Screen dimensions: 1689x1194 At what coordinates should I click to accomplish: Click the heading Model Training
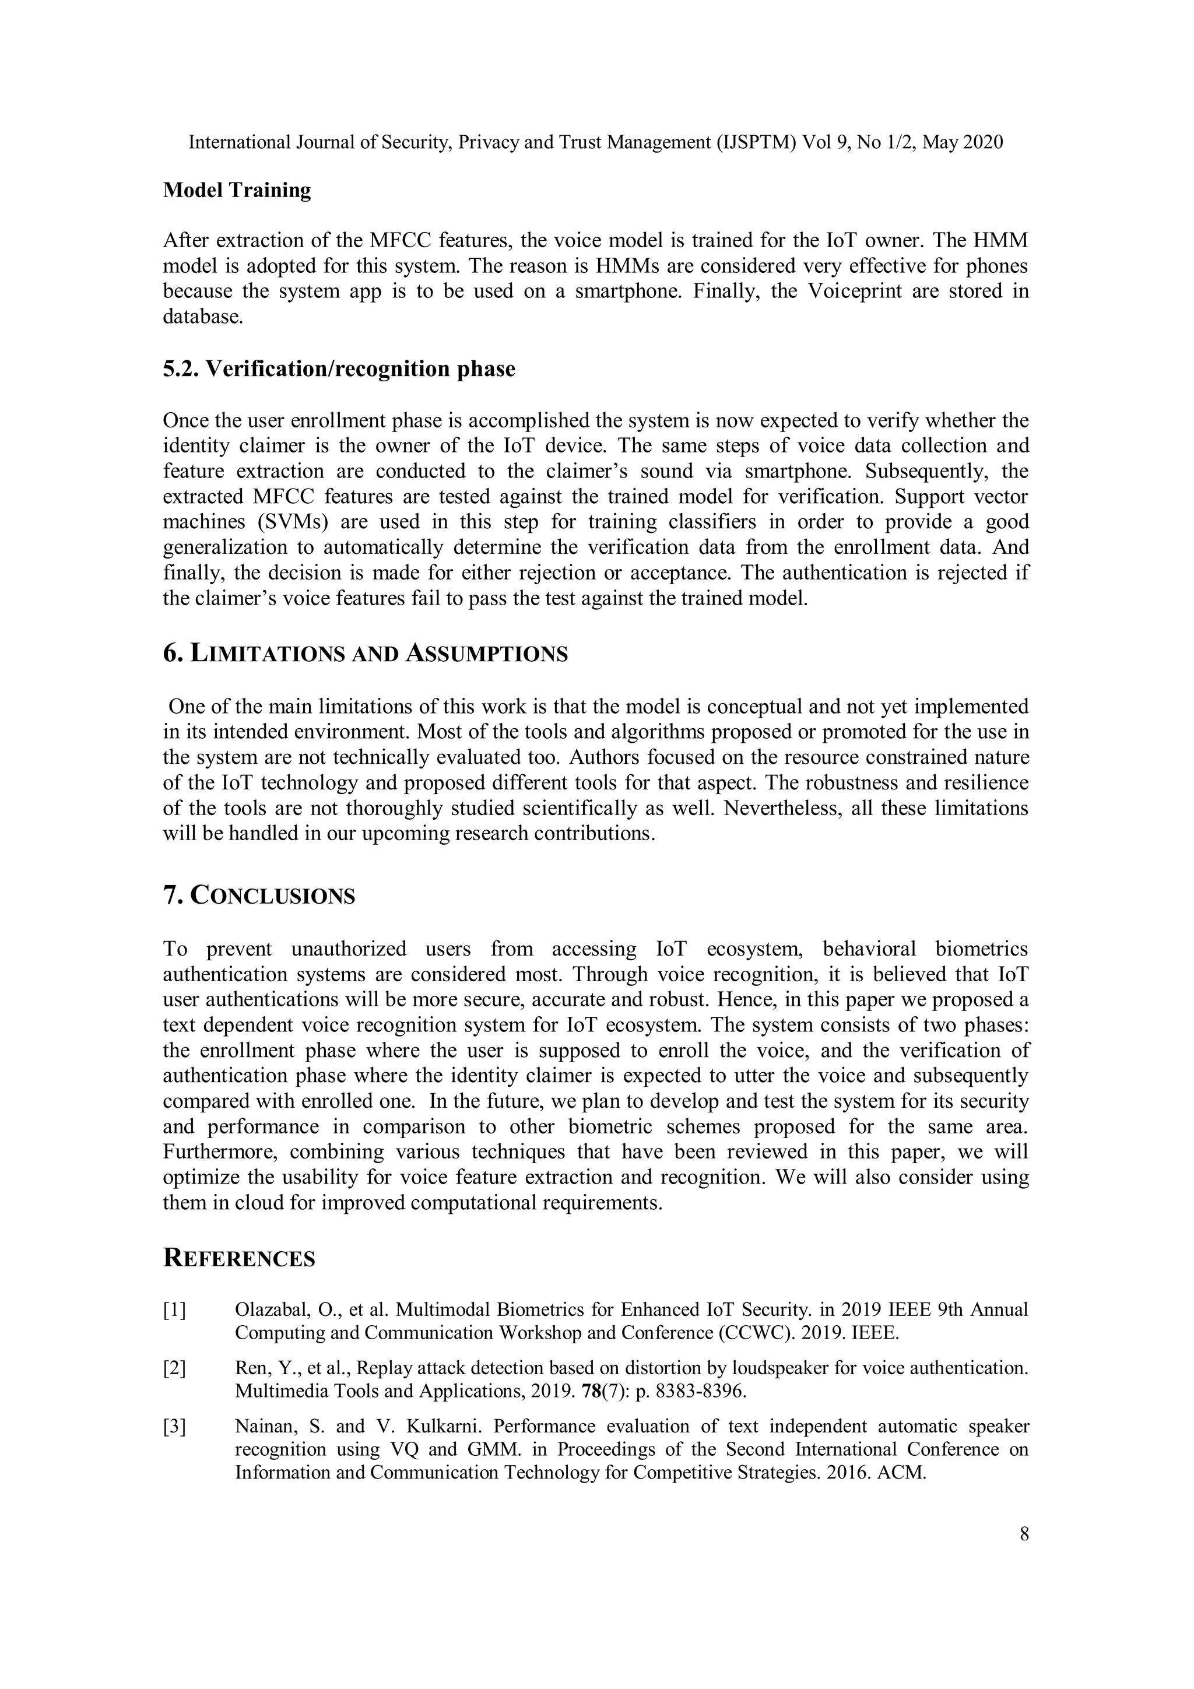click(x=237, y=191)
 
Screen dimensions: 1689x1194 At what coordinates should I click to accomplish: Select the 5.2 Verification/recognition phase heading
click(x=338, y=368)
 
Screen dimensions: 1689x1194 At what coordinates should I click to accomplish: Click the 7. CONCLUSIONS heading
click(x=259, y=896)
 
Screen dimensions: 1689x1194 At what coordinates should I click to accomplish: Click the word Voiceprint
click(x=856, y=292)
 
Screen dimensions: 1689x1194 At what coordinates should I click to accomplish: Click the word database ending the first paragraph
click(x=202, y=317)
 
